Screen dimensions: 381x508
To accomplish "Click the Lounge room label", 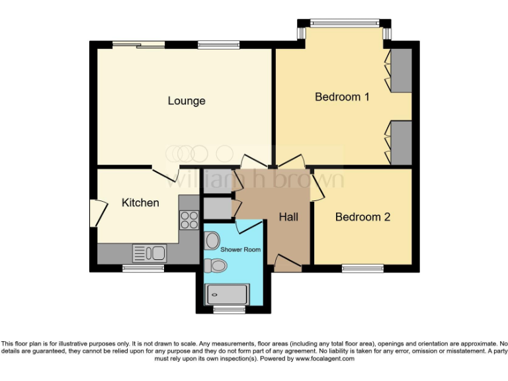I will point(186,101).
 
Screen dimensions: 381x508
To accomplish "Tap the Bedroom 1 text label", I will point(341,97).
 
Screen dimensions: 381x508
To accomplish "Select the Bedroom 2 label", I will point(362,217).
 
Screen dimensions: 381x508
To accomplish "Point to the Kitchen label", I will point(140,202).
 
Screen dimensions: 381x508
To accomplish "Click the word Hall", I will point(288,217).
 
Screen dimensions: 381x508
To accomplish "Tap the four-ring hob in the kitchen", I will point(189,219).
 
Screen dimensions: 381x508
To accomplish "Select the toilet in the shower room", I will point(216,266).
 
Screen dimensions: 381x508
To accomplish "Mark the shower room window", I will point(228,309).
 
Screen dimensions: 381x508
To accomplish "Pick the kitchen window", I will point(144,269).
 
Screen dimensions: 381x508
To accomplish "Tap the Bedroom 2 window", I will point(362,269).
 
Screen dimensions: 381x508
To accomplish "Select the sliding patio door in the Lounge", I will point(138,45).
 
